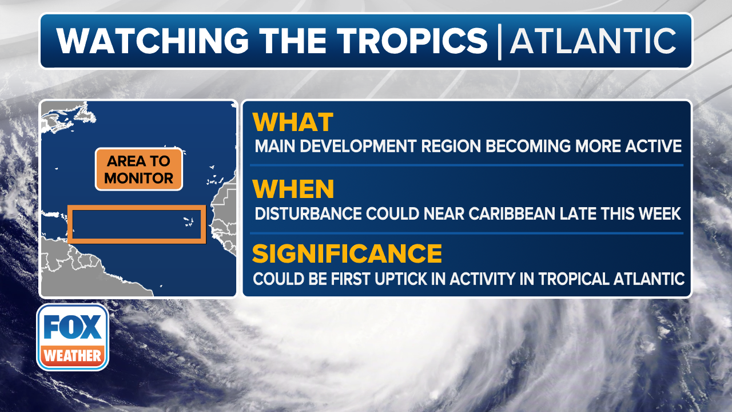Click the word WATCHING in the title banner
[x=152, y=41]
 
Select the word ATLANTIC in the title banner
[x=593, y=41]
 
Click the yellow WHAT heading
[x=293, y=122]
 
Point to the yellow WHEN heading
[x=293, y=189]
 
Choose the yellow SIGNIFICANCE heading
[x=347, y=253]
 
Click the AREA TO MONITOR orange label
[x=139, y=169]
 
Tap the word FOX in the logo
[x=73, y=327]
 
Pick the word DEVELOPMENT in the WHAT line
[x=358, y=146]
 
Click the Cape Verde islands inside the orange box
[x=189, y=222]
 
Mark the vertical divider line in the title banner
[x=499, y=42]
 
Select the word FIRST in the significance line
[x=351, y=279]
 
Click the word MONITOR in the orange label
[x=139, y=178]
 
